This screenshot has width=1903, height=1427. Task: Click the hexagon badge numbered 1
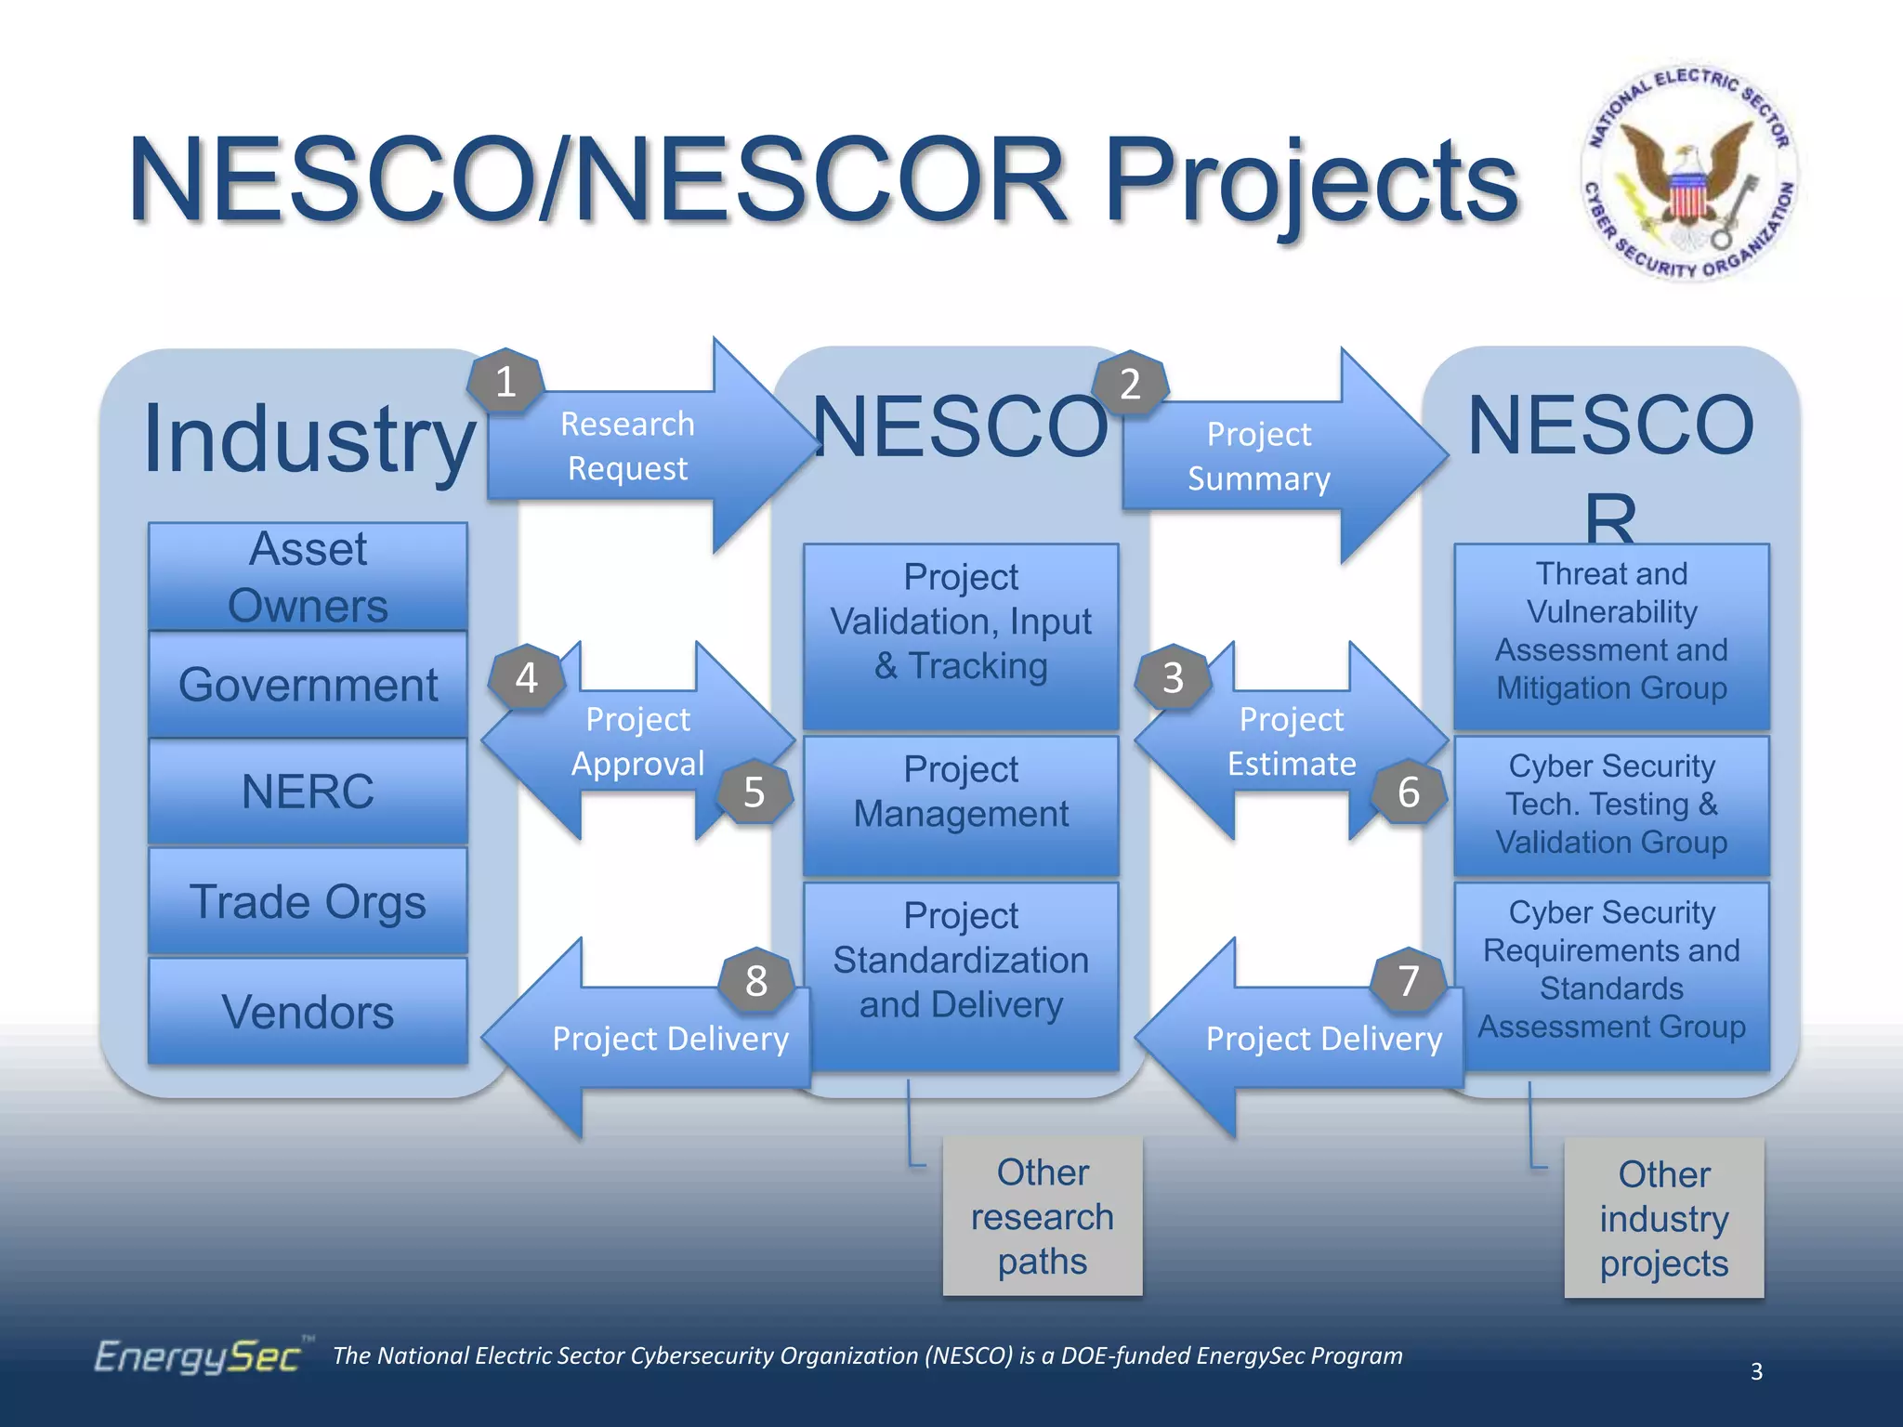pyautogui.click(x=505, y=382)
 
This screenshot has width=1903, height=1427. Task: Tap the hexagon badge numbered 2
pyautogui.click(x=1130, y=383)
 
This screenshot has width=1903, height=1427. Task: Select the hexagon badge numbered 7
pyautogui.click(x=1409, y=981)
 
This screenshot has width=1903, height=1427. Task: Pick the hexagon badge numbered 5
pyautogui.click(x=755, y=792)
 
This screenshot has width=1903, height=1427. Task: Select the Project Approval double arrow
pyautogui.click(x=637, y=741)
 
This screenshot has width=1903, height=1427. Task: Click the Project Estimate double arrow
pyautogui.click(x=1291, y=741)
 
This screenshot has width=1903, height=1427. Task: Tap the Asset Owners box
pyautogui.click(x=308, y=577)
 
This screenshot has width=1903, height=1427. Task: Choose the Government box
pyautogui.click(x=308, y=686)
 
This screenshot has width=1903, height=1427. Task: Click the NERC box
pyautogui.click(x=308, y=792)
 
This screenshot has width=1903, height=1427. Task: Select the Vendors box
pyautogui.click(x=308, y=1012)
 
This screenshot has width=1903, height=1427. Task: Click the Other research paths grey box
pyautogui.click(x=1043, y=1216)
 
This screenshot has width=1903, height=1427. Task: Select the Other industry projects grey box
pyautogui.click(x=1663, y=1218)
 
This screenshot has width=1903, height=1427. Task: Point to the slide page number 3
pyautogui.click(x=1756, y=1371)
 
